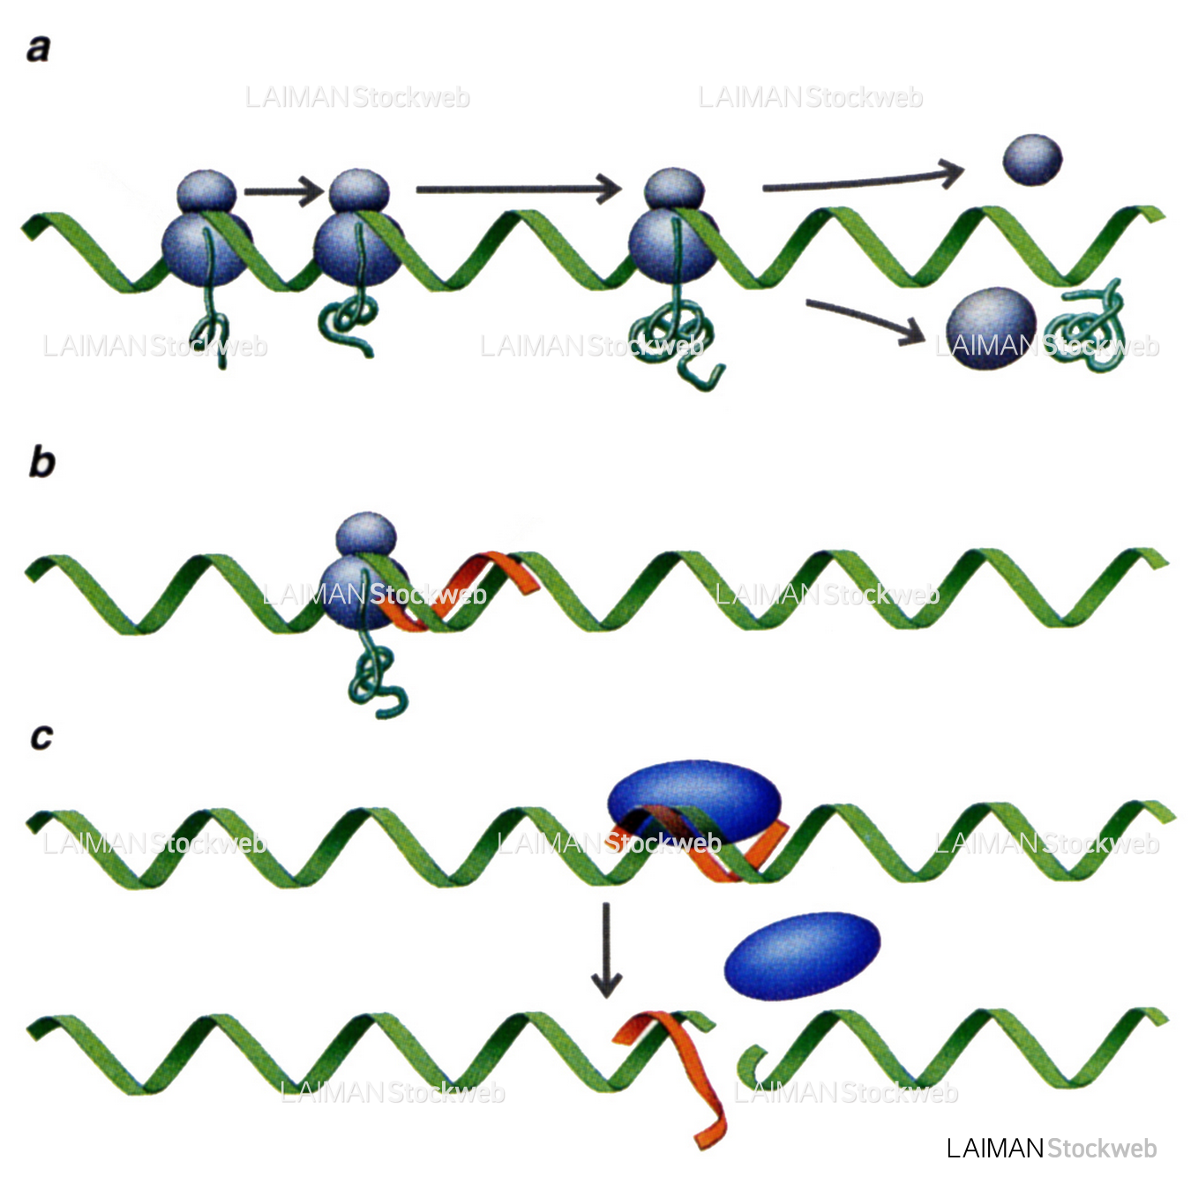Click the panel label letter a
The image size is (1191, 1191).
click(38, 49)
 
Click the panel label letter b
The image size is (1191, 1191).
click(41, 462)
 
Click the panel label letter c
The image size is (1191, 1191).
click(41, 737)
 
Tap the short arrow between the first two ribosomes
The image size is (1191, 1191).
click(284, 191)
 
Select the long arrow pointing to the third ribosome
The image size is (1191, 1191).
click(519, 188)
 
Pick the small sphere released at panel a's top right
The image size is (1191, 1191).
click(1032, 160)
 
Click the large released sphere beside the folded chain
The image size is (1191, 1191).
click(991, 326)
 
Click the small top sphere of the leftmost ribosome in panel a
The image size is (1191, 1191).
click(206, 191)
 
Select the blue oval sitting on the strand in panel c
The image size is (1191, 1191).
click(694, 798)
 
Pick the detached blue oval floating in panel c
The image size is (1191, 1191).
click(802, 956)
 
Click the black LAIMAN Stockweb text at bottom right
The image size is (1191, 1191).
click(1051, 1148)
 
